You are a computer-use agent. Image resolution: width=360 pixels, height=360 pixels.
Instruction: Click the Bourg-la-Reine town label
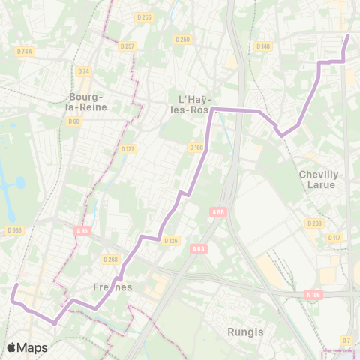pyautogui.click(x=88, y=101)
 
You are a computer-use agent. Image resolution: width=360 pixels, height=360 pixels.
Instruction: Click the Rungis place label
pyautogui.click(x=241, y=330)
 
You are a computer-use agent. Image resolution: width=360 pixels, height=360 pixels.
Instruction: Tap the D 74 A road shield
pyautogui.click(x=25, y=52)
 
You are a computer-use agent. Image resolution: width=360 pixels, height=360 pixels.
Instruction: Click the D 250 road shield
pyautogui.click(x=181, y=39)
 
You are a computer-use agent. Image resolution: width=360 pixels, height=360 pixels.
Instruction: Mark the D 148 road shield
pyautogui.click(x=262, y=46)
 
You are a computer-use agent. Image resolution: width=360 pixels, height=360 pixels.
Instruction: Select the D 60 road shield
pyautogui.click(x=73, y=121)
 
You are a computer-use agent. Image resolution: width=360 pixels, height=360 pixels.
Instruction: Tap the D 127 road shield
pyautogui.click(x=127, y=148)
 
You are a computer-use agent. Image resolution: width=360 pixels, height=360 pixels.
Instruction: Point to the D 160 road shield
pyautogui.click(x=196, y=147)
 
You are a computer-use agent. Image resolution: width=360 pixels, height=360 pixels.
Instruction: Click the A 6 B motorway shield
pyautogui.click(x=218, y=212)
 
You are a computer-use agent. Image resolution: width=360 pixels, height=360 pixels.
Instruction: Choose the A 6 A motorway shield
pyautogui.click(x=199, y=249)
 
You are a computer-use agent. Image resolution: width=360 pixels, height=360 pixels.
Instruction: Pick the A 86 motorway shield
pyautogui.click(x=82, y=231)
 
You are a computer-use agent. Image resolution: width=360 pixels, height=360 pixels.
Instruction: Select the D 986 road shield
pyautogui.click(x=13, y=230)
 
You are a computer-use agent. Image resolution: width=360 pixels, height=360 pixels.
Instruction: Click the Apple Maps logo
pyautogui.click(x=27, y=347)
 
